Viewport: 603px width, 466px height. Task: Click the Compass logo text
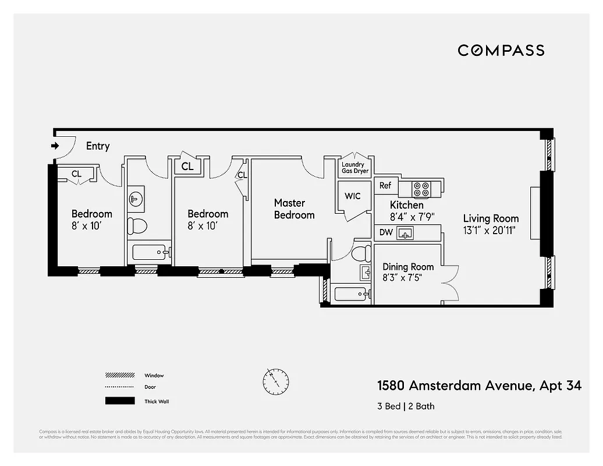pyautogui.click(x=501, y=50)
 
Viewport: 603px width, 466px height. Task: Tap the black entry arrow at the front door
pyautogui.click(x=55, y=146)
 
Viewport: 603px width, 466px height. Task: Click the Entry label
pyautogui.click(x=98, y=146)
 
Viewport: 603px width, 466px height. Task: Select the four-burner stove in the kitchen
pyautogui.click(x=421, y=189)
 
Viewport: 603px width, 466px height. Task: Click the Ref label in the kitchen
pyautogui.click(x=385, y=186)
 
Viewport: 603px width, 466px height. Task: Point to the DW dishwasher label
pyautogui.click(x=386, y=233)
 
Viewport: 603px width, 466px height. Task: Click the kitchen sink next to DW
pyautogui.click(x=405, y=234)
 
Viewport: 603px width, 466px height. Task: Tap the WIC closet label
pyautogui.click(x=353, y=196)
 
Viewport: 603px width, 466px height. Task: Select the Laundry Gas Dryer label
pyautogui.click(x=354, y=168)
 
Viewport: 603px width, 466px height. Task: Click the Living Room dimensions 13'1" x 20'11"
pyautogui.click(x=491, y=230)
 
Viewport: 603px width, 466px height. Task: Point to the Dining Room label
pyautogui.click(x=408, y=267)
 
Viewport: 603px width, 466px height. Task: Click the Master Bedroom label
pyautogui.click(x=293, y=209)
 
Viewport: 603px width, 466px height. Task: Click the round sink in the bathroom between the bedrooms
pyautogui.click(x=136, y=199)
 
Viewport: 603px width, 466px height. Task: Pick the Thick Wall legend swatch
pyautogui.click(x=120, y=401)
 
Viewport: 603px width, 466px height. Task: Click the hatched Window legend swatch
pyautogui.click(x=120, y=376)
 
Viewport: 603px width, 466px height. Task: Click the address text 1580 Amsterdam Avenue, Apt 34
pyautogui.click(x=479, y=386)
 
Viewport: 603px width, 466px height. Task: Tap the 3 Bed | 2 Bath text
pyautogui.click(x=406, y=406)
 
